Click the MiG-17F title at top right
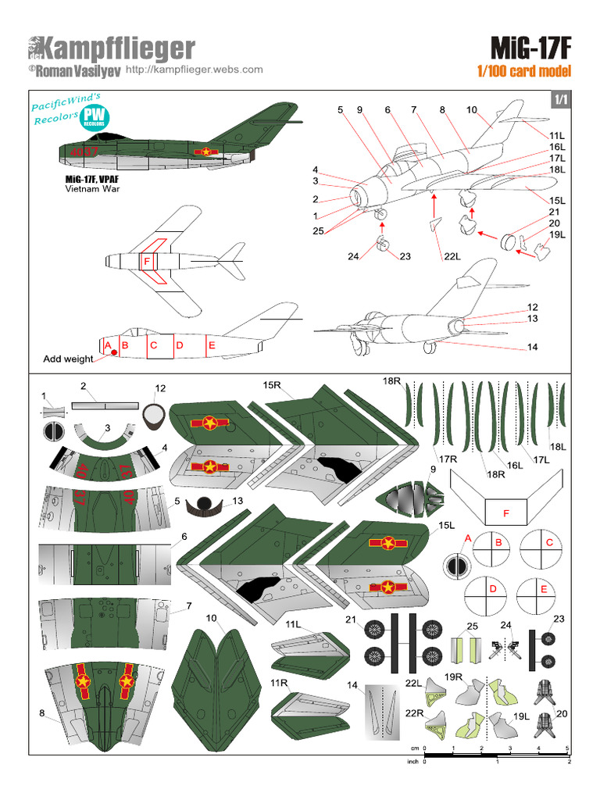point(531,48)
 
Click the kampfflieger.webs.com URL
point(194,70)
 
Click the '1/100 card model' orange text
point(523,72)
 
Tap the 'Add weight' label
point(67,359)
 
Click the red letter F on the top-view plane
point(146,261)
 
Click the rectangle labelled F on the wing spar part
point(505,513)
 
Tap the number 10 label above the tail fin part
point(211,617)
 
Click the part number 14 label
point(352,685)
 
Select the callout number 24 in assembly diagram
point(353,255)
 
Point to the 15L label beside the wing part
point(446,526)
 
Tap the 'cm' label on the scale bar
point(414,748)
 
